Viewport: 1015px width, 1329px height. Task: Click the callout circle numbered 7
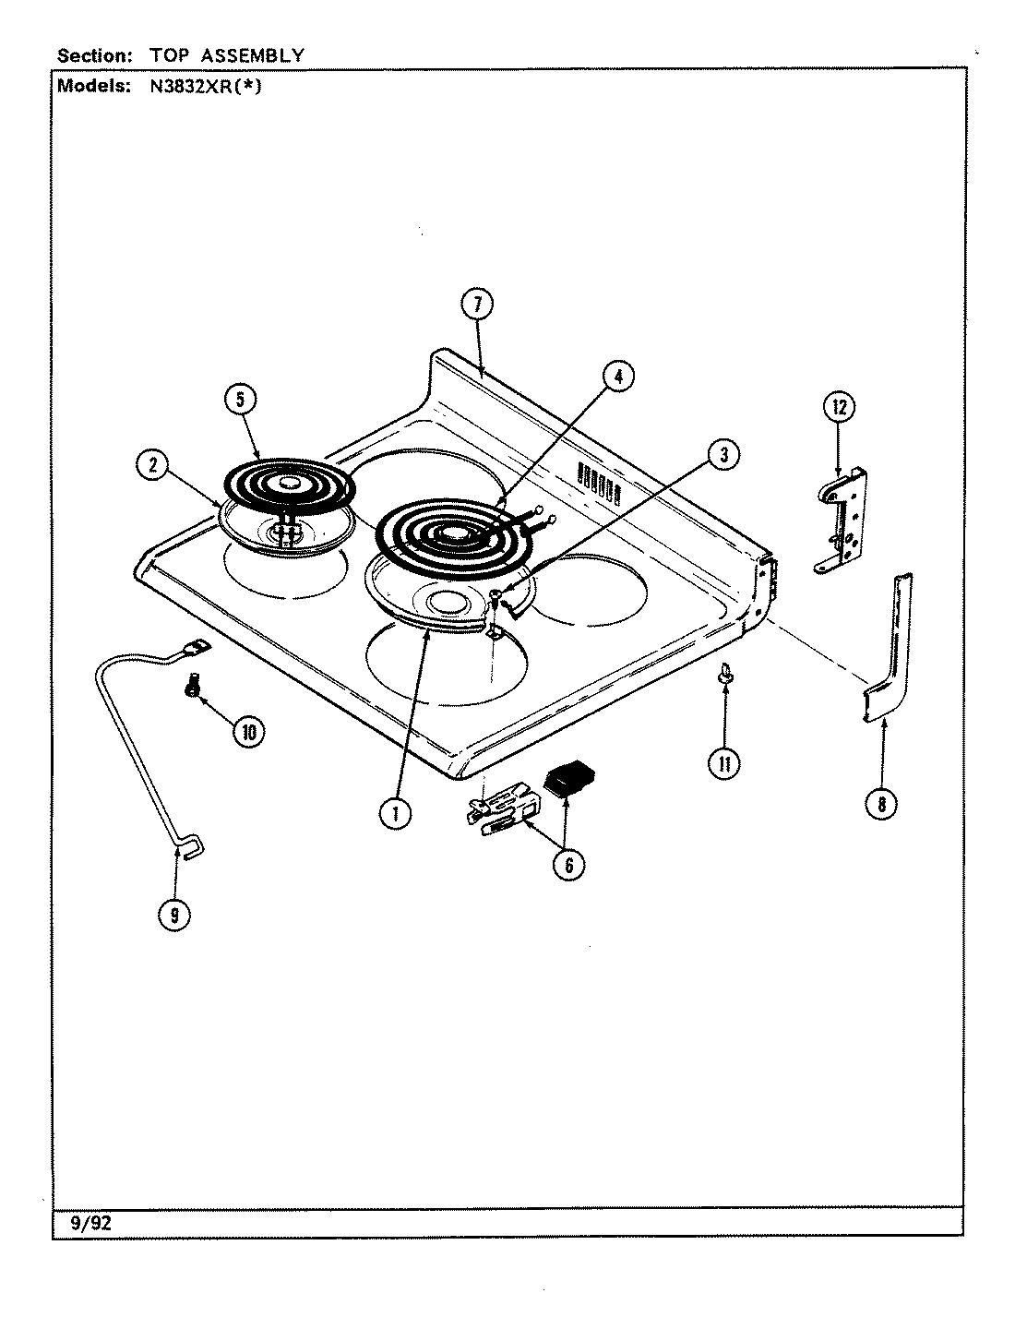tap(477, 305)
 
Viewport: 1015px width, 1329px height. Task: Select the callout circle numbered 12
tap(839, 407)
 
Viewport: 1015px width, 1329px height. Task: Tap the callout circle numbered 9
tap(175, 915)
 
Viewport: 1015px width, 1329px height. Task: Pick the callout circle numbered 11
tap(724, 763)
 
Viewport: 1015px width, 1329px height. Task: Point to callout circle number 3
tap(723, 453)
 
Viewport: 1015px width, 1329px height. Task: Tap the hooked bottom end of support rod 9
tap(191, 845)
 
